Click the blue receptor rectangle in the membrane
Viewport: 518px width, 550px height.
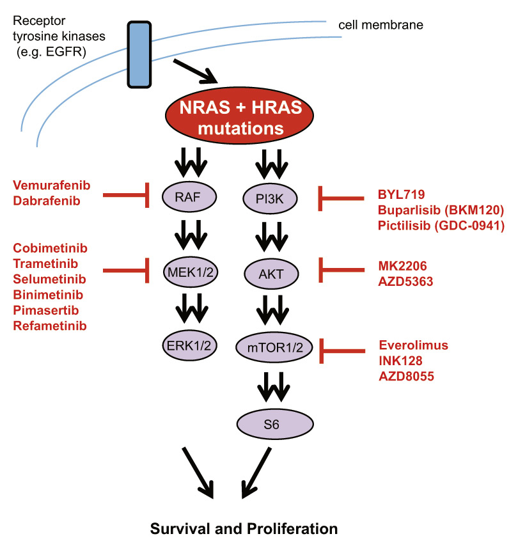pyautogui.click(x=139, y=54)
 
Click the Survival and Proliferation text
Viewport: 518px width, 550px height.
pyautogui.click(x=243, y=530)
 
